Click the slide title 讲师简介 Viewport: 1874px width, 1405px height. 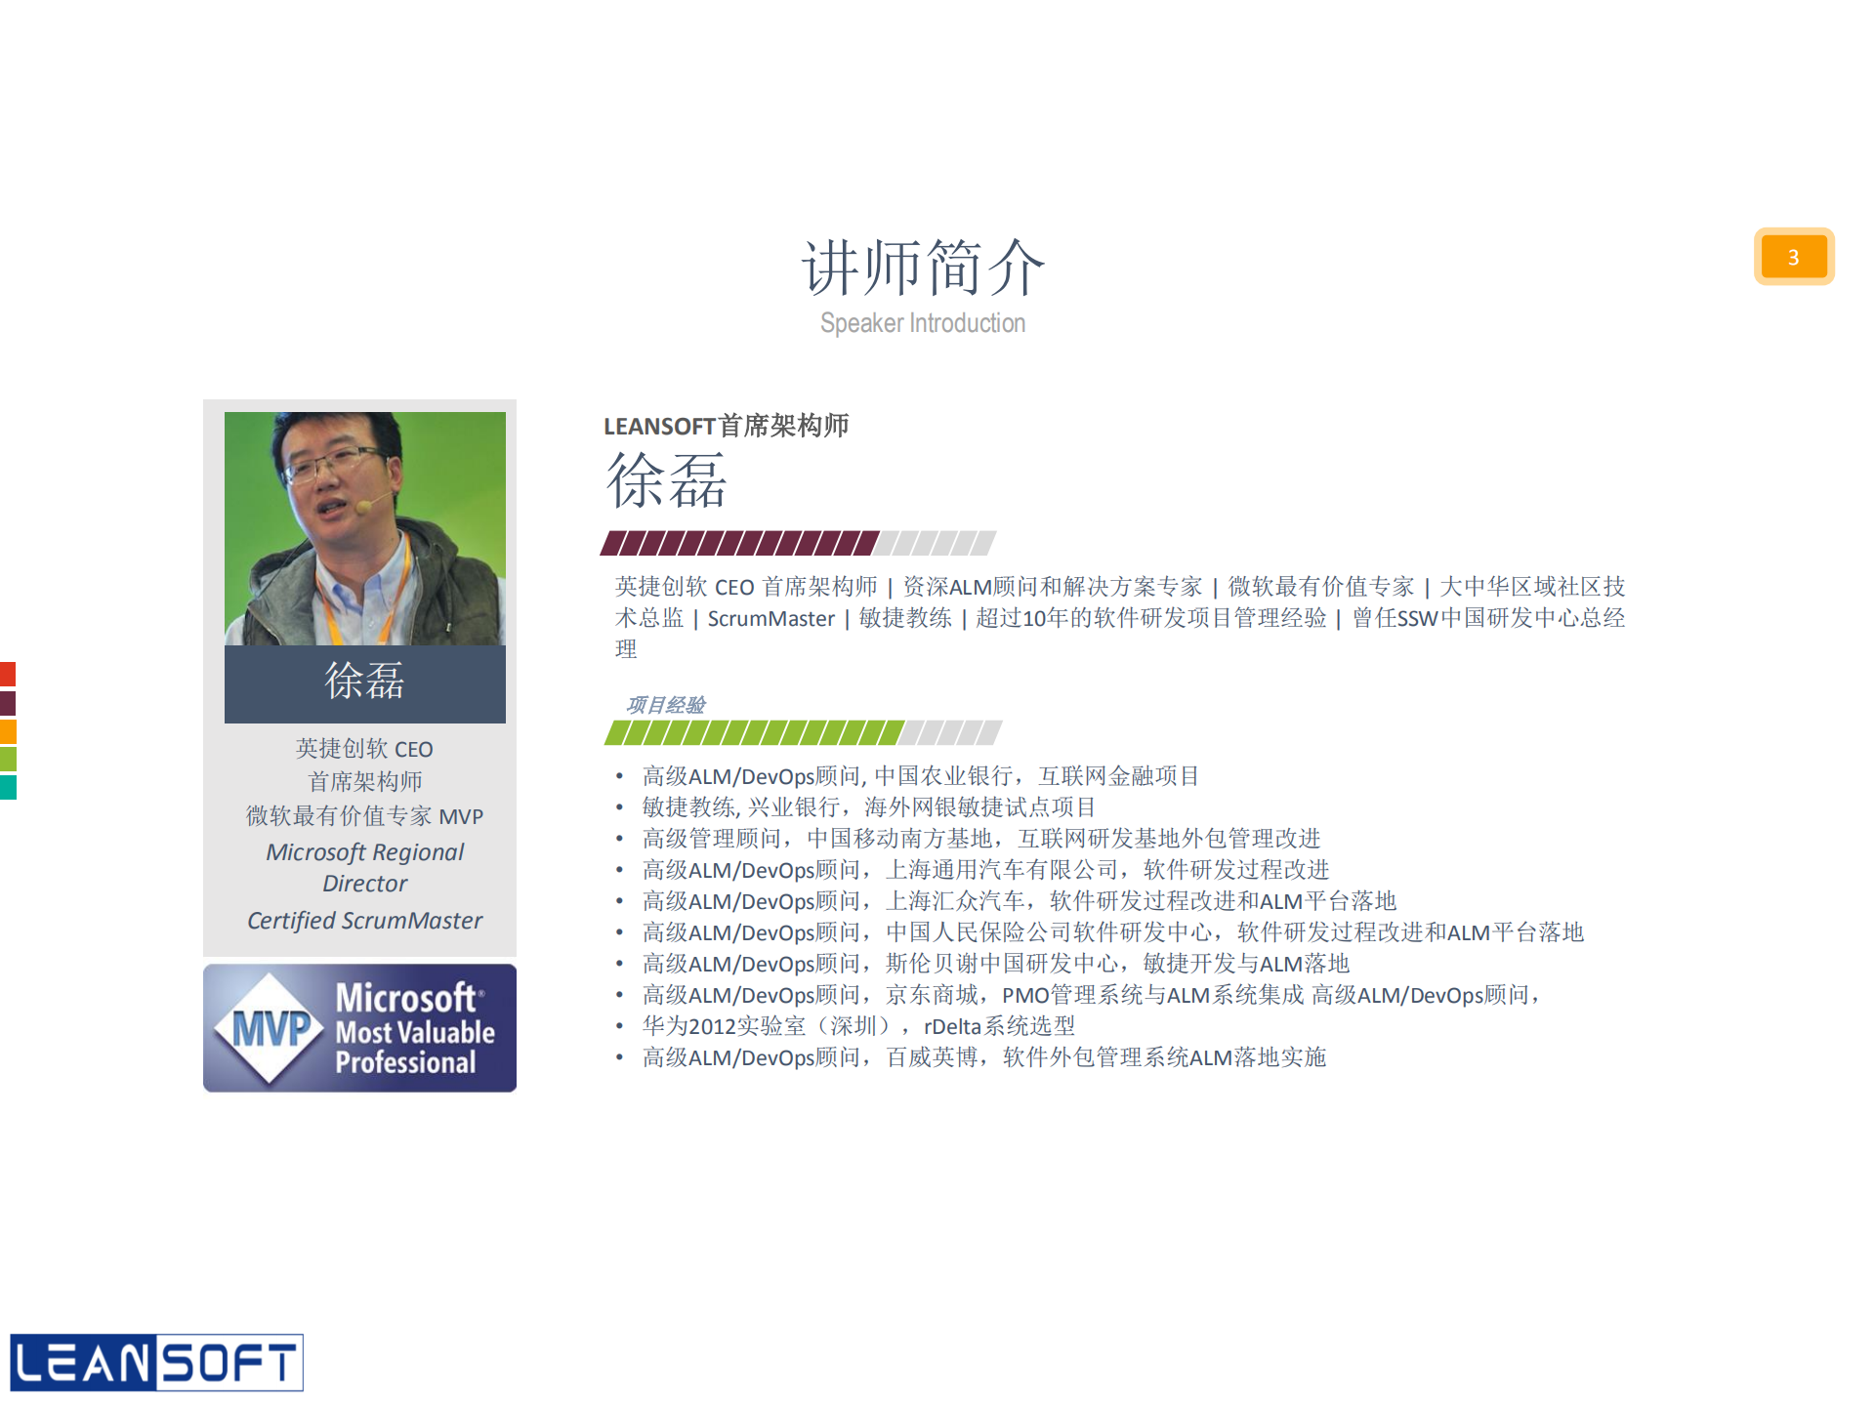click(923, 267)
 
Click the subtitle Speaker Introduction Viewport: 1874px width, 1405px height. click(923, 323)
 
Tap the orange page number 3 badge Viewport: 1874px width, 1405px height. click(1793, 257)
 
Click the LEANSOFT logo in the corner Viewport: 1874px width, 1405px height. click(156, 1362)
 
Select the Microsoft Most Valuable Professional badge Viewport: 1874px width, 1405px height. click(359, 1028)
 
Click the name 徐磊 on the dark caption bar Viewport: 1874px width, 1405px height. click(364, 682)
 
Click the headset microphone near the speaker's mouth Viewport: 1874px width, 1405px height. click(363, 506)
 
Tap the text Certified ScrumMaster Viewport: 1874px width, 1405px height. click(364, 921)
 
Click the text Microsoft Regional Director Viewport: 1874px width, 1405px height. click(364, 867)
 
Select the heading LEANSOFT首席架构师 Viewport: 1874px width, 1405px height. click(726, 426)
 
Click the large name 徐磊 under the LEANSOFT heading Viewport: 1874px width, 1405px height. click(667, 481)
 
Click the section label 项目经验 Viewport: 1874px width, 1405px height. click(665, 705)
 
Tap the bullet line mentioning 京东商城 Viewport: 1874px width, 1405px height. click(1089, 995)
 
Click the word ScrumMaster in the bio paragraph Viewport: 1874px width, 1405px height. click(770, 619)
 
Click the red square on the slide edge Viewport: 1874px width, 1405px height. click(8, 674)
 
